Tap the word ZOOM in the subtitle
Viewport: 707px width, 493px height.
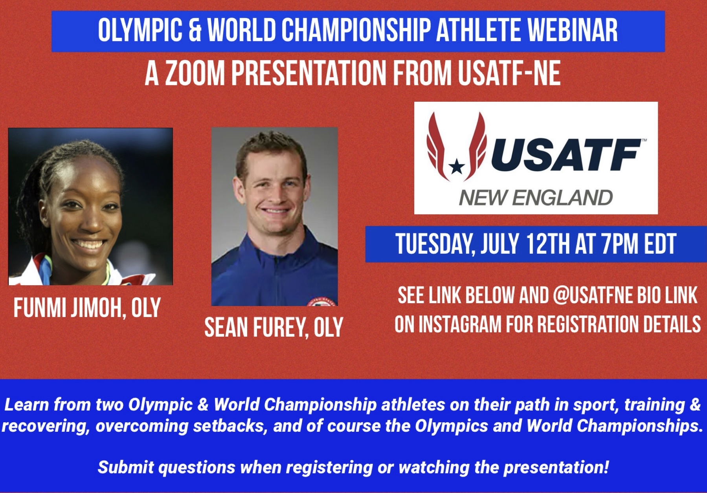pos(194,73)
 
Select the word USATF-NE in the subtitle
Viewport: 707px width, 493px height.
pos(509,73)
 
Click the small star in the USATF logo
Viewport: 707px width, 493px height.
pos(457,167)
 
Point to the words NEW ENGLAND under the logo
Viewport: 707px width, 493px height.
pos(536,198)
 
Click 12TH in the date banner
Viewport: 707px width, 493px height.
pos(548,244)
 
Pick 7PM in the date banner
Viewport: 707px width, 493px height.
pos(621,244)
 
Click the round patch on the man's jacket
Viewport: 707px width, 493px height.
pos(322,302)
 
